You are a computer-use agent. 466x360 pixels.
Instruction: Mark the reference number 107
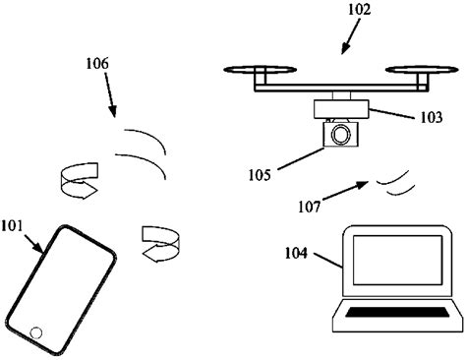click(x=310, y=207)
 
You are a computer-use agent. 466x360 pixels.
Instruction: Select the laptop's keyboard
click(x=392, y=315)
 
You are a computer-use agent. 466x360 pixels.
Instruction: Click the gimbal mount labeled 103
click(x=340, y=109)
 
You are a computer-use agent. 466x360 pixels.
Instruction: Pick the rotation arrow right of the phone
click(x=156, y=243)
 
